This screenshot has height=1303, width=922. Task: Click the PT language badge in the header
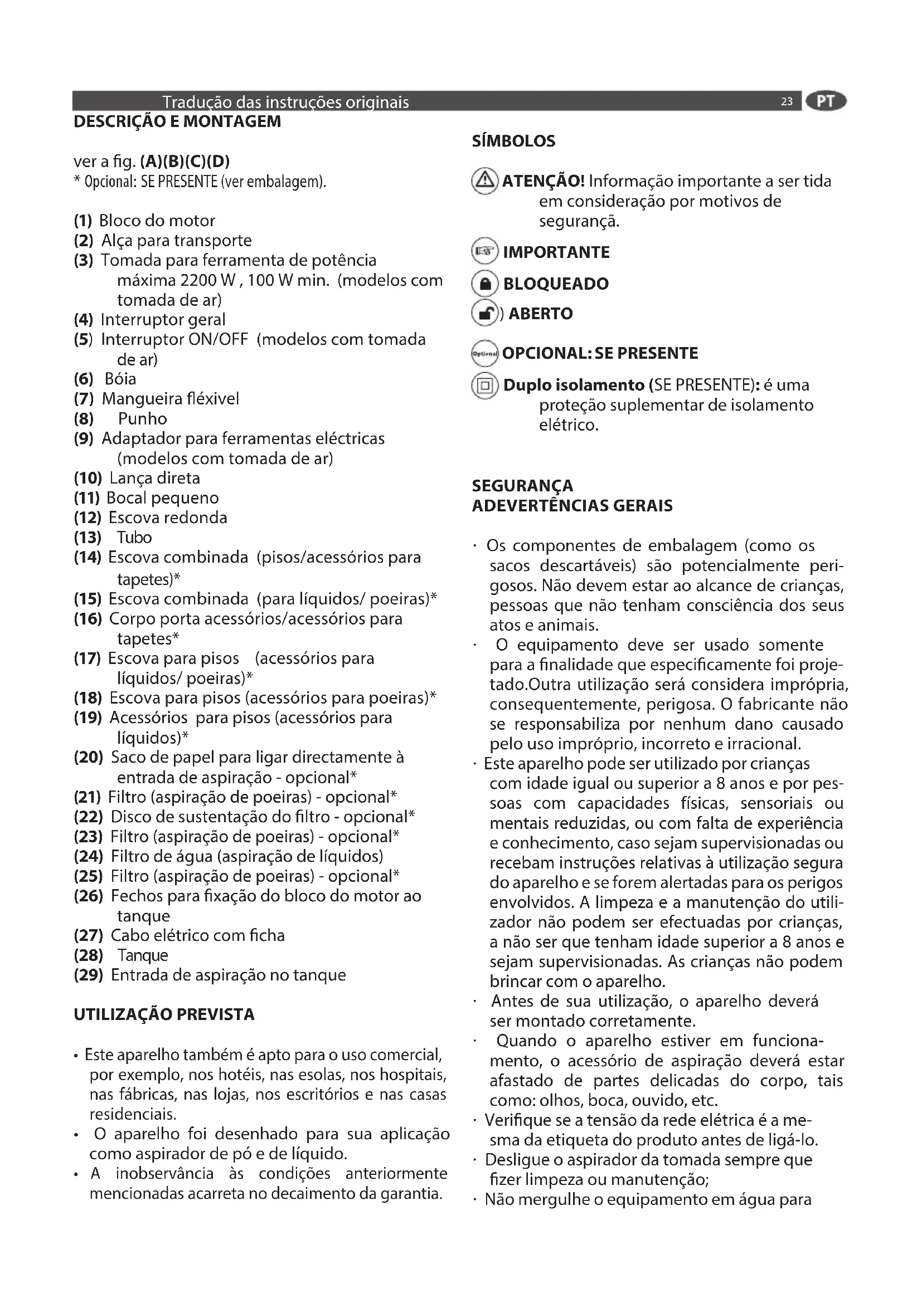tap(826, 101)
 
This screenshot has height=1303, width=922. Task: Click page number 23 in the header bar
tap(787, 101)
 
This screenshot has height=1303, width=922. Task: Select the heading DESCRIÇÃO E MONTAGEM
tap(177, 121)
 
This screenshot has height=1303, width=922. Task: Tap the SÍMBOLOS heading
tap(513, 141)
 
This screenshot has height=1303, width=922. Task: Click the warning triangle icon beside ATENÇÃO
tap(485, 182)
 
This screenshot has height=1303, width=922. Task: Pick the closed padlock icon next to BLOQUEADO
tap(485, 284)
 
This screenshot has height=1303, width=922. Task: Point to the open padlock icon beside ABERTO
tap(485, 313)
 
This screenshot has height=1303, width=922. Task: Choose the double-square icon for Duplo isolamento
tap(485, 386)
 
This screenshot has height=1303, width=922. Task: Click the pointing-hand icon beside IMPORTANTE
tap(485, 251)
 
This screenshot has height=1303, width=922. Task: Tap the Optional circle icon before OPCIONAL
tap(485, 354)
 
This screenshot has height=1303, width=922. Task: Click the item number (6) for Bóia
tap(84, 379)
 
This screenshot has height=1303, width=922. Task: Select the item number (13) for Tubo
tap(88, 538)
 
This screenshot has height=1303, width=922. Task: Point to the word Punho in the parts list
tap(143, 419)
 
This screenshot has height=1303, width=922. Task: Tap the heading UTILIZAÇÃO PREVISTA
tap(164, 1014)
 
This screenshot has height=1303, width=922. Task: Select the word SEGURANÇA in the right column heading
tap(522, 486)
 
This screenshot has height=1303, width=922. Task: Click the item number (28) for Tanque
tap(89, 956)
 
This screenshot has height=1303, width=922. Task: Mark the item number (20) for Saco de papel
tap(89, 758)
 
